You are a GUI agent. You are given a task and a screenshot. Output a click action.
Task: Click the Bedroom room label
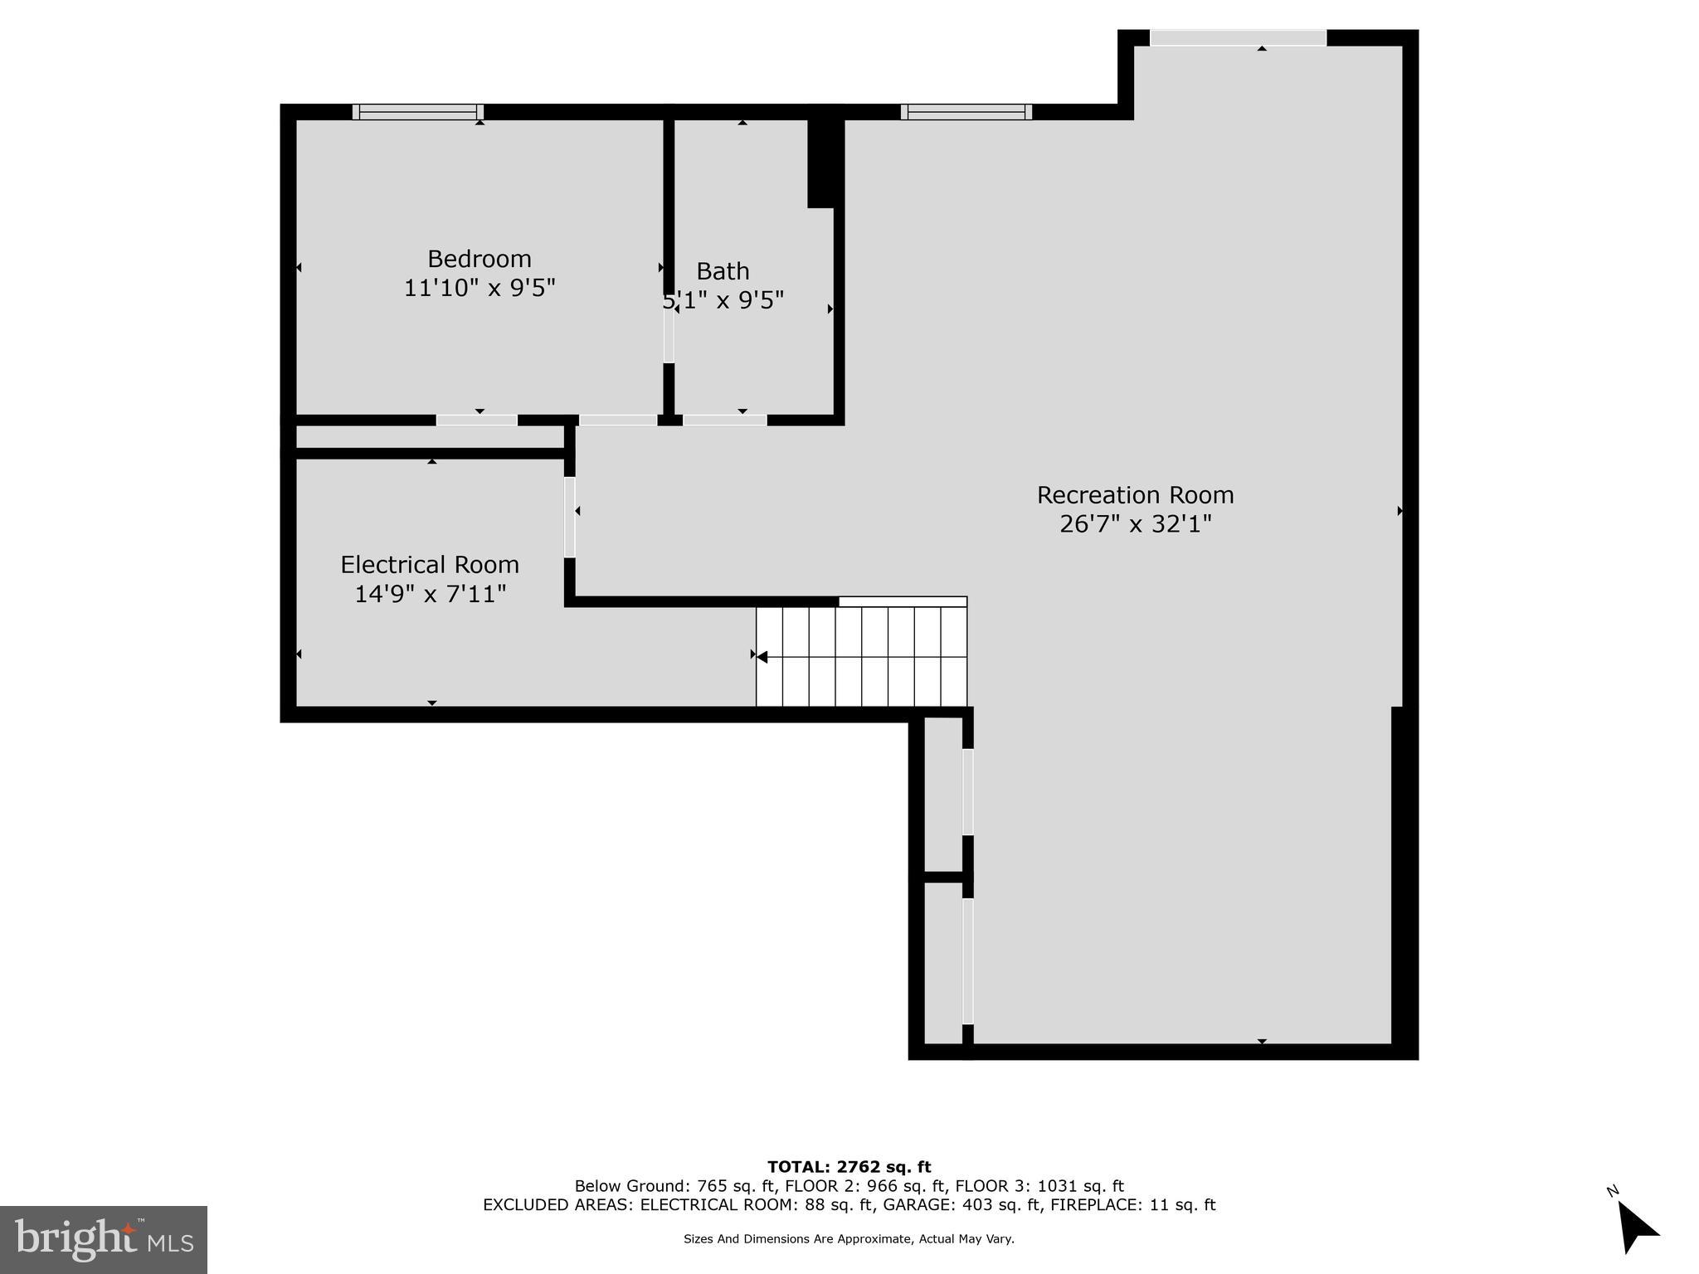(x=479, y=259)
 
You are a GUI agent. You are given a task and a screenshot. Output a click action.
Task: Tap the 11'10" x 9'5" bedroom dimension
(x=479, y=288)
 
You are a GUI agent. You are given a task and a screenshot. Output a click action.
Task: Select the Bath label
(x=723, y=271)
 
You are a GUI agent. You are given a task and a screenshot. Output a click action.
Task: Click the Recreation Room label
(x=1135, y=495)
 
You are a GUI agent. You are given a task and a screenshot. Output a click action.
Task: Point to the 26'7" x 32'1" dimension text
(x=1135, y=524)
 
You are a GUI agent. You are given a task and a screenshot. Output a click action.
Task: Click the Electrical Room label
(x=430, y=565)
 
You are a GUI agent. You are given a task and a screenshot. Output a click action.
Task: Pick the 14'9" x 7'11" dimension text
(x=430, y=594)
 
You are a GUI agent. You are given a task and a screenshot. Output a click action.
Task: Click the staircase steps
(x=861, y=656)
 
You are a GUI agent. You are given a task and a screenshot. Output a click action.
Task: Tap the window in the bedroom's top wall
(x=418, y=112)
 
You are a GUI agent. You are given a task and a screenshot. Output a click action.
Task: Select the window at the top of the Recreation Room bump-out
(x=1238, y=37)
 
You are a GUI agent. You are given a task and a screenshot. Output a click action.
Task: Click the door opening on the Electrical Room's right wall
(x=570, y=517)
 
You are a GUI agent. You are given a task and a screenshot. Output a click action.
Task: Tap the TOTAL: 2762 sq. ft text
(x=849, y=1167)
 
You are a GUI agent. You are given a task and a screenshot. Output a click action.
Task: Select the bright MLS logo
(x=104, y=1239)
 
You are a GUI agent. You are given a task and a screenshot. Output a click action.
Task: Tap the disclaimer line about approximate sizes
(x=849, y=1239)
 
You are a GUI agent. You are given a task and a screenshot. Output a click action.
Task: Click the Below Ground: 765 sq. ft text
(x=675, y=1186)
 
